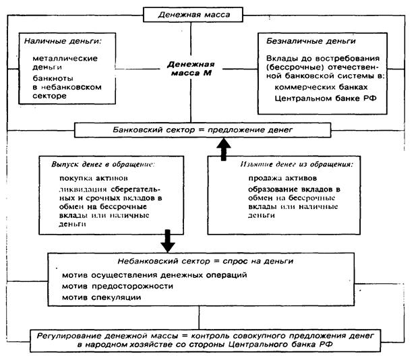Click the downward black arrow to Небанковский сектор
pyautogui.click(x=168, y=238)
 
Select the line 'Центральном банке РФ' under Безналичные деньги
pyautogui.click(x=322, y=99)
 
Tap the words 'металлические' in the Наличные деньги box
pyautogui.click(x=65, y=58)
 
